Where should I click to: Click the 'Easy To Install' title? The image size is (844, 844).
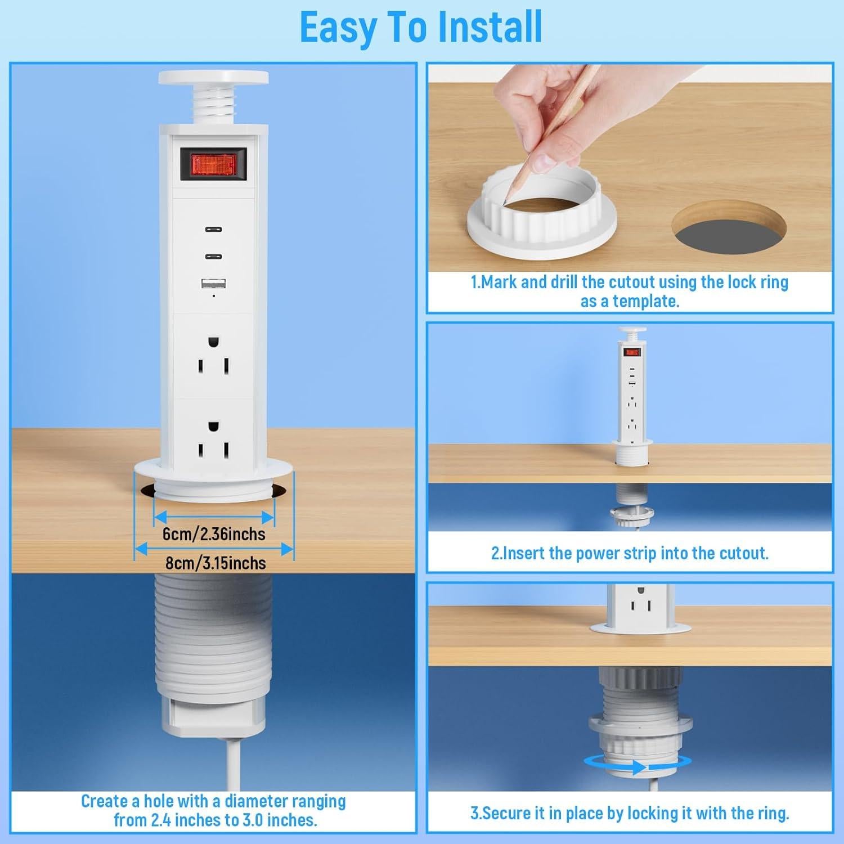coord(421,27)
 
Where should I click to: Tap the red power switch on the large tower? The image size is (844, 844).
coord(213,164)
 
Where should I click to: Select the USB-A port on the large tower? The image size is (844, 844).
coord(213,284)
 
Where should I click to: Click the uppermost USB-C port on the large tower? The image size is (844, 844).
coord(213,230)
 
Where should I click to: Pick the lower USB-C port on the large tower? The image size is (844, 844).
coord(213,257)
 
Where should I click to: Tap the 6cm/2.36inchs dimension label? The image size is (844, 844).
coord(214,533)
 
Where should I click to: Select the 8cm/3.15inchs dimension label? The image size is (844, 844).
coord(214,563)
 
